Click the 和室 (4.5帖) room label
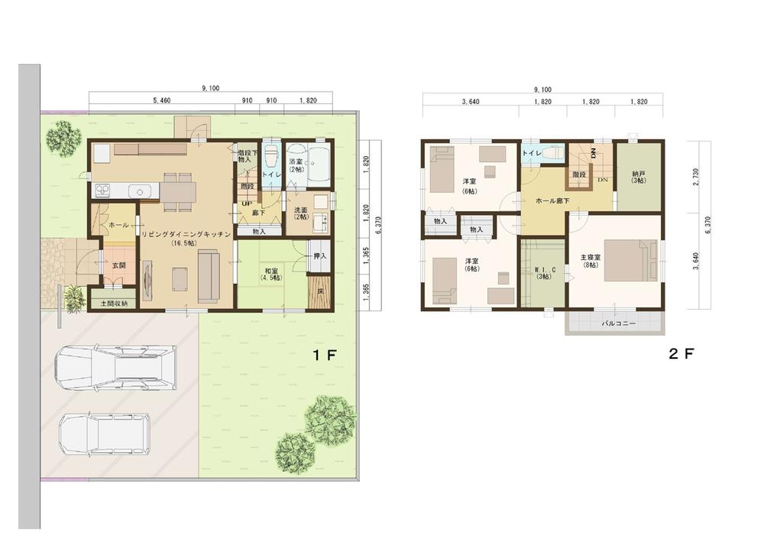pos(271,274)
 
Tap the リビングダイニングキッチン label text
pos(186,236)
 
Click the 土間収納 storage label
pos(115,304)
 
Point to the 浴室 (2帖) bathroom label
pos(296,167)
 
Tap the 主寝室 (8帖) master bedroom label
pos(592,262)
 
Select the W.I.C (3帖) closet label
pos(542,272)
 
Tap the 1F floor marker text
pos(322,355)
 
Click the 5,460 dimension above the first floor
pos(166,100)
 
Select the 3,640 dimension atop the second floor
pos(471,101)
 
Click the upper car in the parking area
pos(115,366)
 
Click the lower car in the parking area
pos(105,435)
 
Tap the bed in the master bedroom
pos(630,261)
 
